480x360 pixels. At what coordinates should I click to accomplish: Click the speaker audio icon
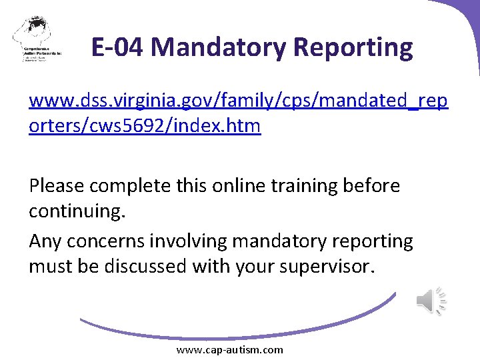431,301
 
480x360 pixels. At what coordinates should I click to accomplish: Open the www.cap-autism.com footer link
229,349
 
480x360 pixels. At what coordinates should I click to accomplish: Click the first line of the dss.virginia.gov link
238,102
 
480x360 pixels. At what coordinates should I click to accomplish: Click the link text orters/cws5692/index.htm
145,126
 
